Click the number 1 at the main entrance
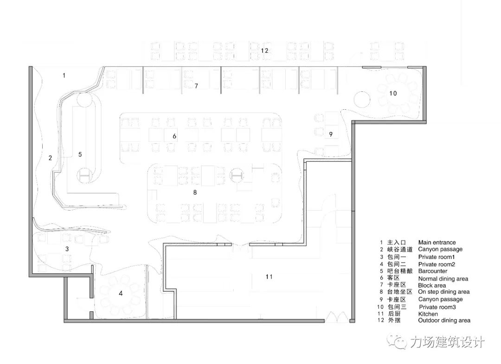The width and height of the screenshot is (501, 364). (x=64, y=75)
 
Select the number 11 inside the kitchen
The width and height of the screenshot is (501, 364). (x=269, y=276)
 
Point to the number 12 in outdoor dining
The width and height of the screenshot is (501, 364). (x=264, y=50)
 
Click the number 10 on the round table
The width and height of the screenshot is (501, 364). (x=393, y=93)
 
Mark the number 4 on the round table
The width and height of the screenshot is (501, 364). (x=121, y=293)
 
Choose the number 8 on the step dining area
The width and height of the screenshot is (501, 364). (x=195, y=192)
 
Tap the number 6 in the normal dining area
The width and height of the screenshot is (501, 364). (x=174, y=136)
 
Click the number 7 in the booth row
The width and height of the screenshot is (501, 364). (x=196, y=86)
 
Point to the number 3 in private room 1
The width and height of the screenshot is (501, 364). (x=67, y=249)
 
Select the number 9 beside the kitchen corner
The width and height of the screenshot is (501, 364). (x=331, y=134)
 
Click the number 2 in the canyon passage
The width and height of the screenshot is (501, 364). (x=50, y=157)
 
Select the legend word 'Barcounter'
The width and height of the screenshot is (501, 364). (x=432, y=271)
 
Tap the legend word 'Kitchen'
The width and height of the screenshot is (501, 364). (x=428, y=314)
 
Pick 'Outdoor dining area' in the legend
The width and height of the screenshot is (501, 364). (x=444, y=320)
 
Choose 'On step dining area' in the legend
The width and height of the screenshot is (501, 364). (x=443, y=292)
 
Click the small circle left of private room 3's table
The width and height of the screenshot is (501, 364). (x=363, y=99)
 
